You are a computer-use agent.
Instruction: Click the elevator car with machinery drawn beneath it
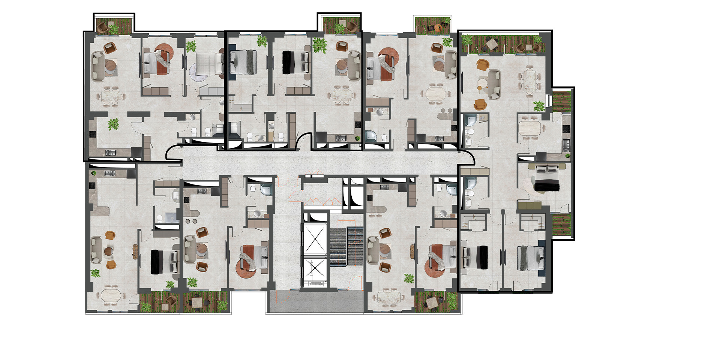point(314,270)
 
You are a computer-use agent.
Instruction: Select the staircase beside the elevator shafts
point(346,246)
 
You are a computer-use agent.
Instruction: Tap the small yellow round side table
point(479,88)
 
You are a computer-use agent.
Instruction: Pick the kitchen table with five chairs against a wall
point(530,128)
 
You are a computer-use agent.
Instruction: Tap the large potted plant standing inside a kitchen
point(113,124)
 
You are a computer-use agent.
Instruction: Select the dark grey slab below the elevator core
point(315,302)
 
